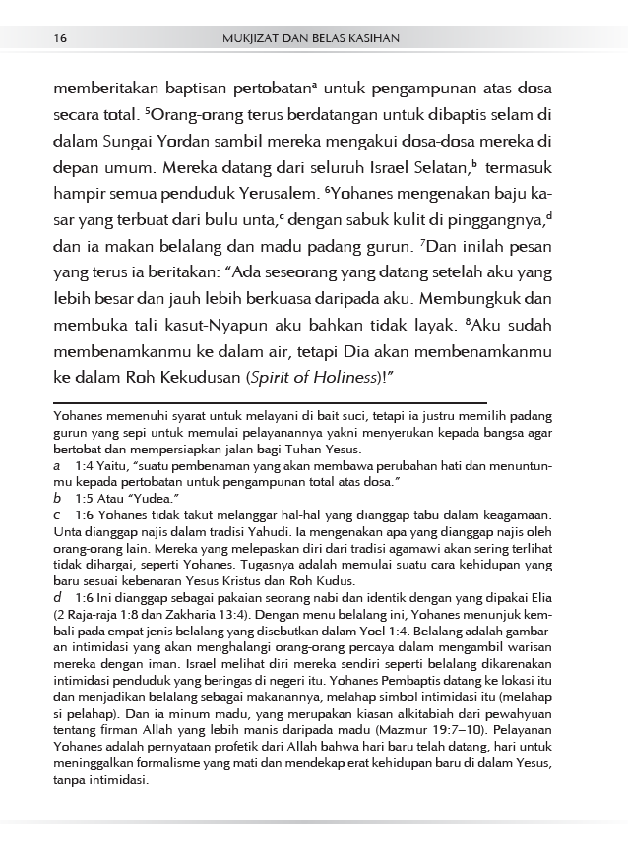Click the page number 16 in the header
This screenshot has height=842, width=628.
(61, 38)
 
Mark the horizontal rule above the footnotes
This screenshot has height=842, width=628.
(271, 402)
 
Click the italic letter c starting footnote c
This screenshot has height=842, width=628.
(57, 514)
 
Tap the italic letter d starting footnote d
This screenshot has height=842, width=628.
(58, 597)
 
